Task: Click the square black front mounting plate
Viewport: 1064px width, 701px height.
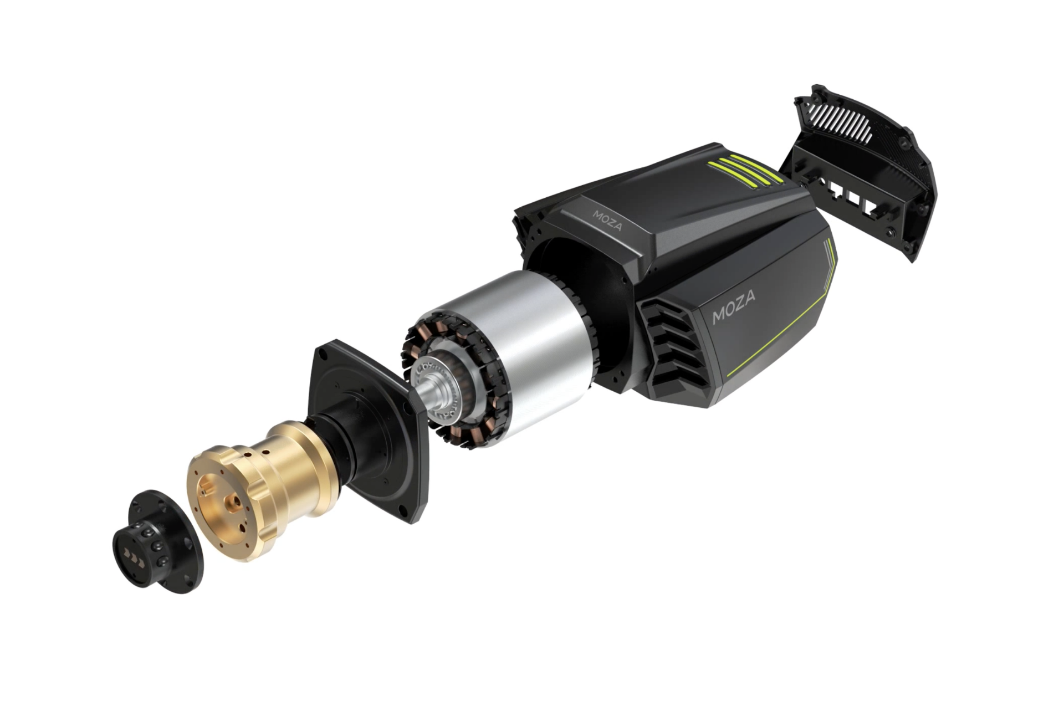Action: click(369, 432)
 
